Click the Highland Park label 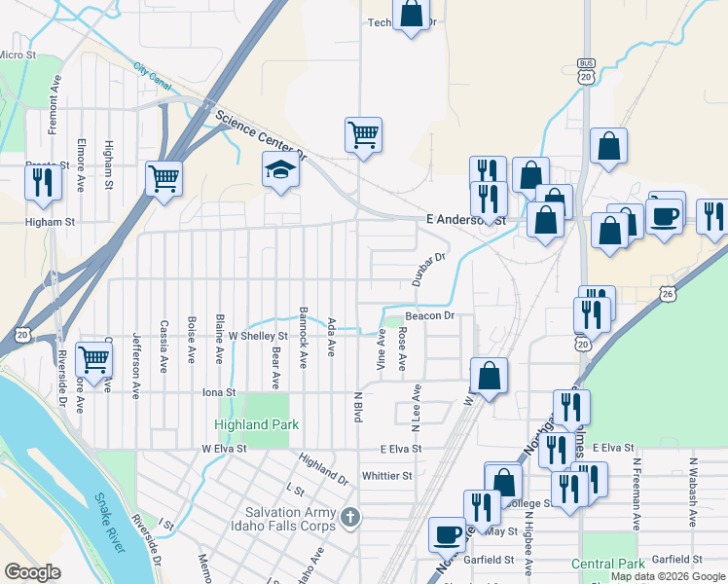tap(257, 424)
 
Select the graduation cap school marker tap(279, 171)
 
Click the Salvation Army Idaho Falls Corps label tap(291, 519)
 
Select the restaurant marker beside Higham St tap(42, 182)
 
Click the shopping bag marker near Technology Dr tap(412, 15)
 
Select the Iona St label tap(218, 392)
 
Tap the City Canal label tap(153, 77)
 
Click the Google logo tap(33, 572)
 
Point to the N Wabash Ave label tap(694, 493)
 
